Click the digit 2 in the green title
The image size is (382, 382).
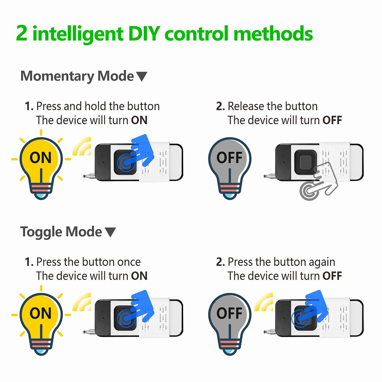coord(22,34)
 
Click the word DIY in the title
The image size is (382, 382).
coord(141,34)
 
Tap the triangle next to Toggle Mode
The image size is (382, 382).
coord(110,232)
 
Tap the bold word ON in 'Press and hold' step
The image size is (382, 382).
coord(139,120)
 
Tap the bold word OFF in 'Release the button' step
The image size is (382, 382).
coord(332,120)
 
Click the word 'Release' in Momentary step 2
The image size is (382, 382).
coord(245,106)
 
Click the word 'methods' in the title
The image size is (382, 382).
coord(274,34)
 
